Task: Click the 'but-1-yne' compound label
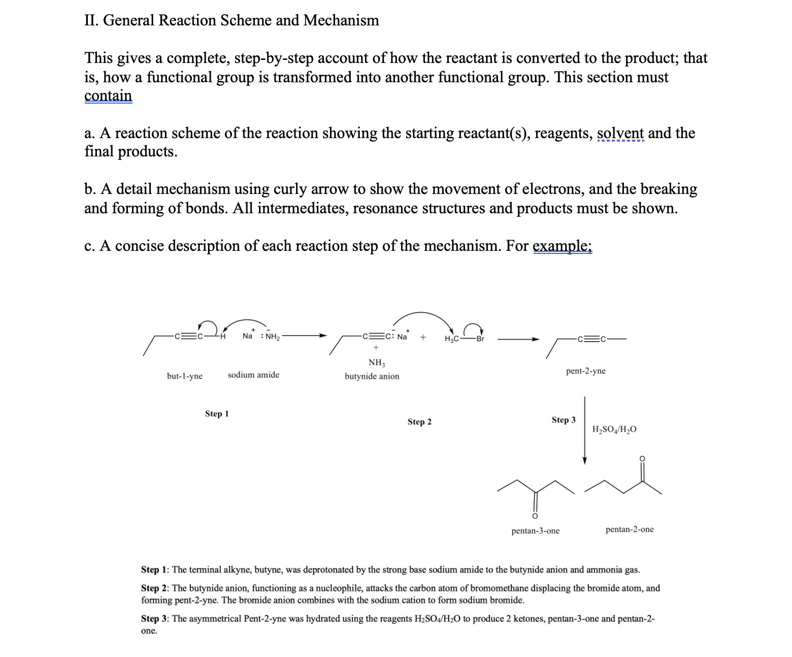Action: coord(184,376)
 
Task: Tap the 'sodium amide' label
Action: coord(253,375)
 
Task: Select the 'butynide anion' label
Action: coord(372,376)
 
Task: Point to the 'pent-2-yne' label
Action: coord(585,371)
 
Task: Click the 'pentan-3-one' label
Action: coord(535,531)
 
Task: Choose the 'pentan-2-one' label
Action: coord(630,529)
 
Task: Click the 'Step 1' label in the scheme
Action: coord(217,414)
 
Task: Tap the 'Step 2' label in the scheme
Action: coord(419,422)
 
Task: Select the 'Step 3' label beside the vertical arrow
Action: coord(564,420)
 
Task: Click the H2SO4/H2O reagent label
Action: coord(614,429)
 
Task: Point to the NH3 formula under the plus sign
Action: coord(377,363)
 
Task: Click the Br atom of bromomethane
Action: coord(480,339)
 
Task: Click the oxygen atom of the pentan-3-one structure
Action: coord(534,516)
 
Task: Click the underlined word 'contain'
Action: coord(108,95)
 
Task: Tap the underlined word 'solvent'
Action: coord(620,133)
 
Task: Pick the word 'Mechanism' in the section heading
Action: coord(341,20)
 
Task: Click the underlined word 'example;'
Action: coord(563,246)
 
